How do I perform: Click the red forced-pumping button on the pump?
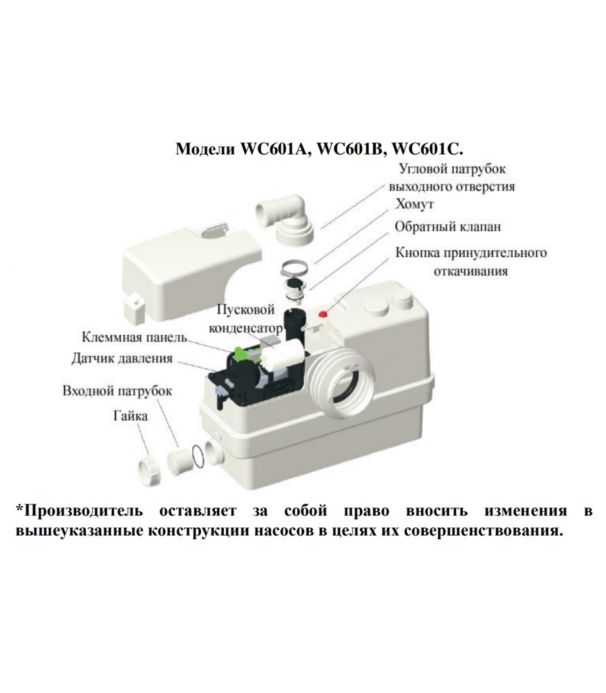[322, 314]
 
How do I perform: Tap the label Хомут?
[415, 204]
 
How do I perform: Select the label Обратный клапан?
[448, 227]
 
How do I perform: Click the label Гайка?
[130, 416]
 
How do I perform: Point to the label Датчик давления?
[122, 359]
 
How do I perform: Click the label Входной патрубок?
[117, 391]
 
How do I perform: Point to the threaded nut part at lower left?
[148, 466]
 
